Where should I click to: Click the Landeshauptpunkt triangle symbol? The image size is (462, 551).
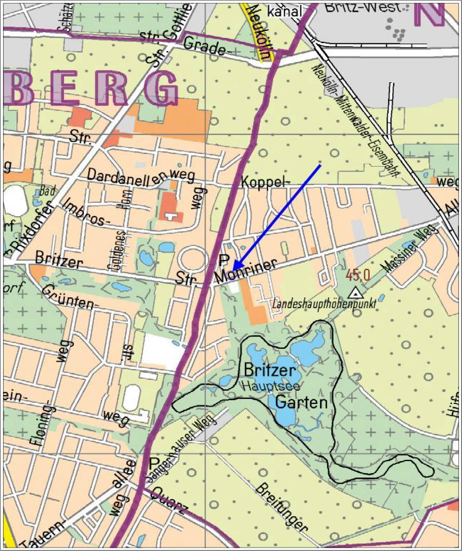click(355, 293)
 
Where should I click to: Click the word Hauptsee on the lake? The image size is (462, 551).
click(271, 386)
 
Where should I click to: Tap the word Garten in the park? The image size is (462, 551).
click(302, 403)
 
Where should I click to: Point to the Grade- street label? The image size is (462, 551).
click(204, 47)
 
